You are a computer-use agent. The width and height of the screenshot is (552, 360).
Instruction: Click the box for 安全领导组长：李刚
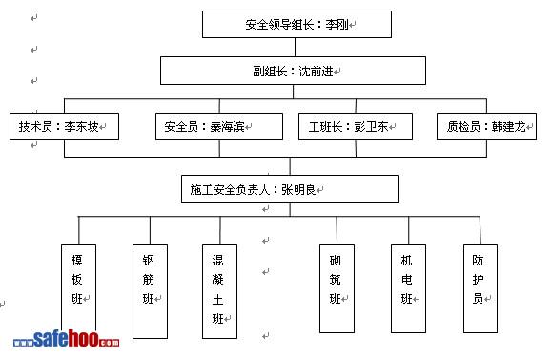coord(296,24)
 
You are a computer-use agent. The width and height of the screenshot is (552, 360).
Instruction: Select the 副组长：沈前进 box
coord(293,71)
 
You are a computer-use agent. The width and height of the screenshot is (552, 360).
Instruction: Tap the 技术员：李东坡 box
coord(64,127)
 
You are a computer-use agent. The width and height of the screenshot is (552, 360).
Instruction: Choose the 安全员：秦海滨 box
coord(219,127)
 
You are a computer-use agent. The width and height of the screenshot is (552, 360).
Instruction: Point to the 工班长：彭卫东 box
coord(356,127)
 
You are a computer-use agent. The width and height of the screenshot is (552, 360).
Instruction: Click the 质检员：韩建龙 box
coord(486,127)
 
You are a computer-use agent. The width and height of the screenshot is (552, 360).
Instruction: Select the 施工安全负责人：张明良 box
coord(290,189)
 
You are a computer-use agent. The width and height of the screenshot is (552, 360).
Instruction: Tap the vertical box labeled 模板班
coord(78,288)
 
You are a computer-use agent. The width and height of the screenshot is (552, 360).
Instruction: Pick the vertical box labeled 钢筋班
coord(150,291)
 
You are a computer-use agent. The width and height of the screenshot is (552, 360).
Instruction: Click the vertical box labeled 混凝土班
coord(219,291)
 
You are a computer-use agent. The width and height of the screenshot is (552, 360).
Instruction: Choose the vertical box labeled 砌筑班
coord(337,288)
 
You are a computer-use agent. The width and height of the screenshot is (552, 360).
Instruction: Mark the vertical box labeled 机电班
coord(408,288)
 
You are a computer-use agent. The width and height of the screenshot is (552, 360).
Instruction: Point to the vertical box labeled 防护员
coord(480,288)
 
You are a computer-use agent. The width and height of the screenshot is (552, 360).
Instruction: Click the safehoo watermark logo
coord(66,339)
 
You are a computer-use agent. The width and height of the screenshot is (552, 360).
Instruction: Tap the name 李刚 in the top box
coord(337,24)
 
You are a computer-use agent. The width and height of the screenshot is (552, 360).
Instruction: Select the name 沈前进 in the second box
coord(316,72)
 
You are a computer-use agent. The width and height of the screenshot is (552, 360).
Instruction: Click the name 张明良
coord(298,190)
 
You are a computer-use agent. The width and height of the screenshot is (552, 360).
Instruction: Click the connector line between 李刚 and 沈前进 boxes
coord(295,47)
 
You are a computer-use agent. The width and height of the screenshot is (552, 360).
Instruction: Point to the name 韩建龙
coord(508,126)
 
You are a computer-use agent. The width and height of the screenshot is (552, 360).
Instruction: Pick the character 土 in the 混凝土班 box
coord(217,300)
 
